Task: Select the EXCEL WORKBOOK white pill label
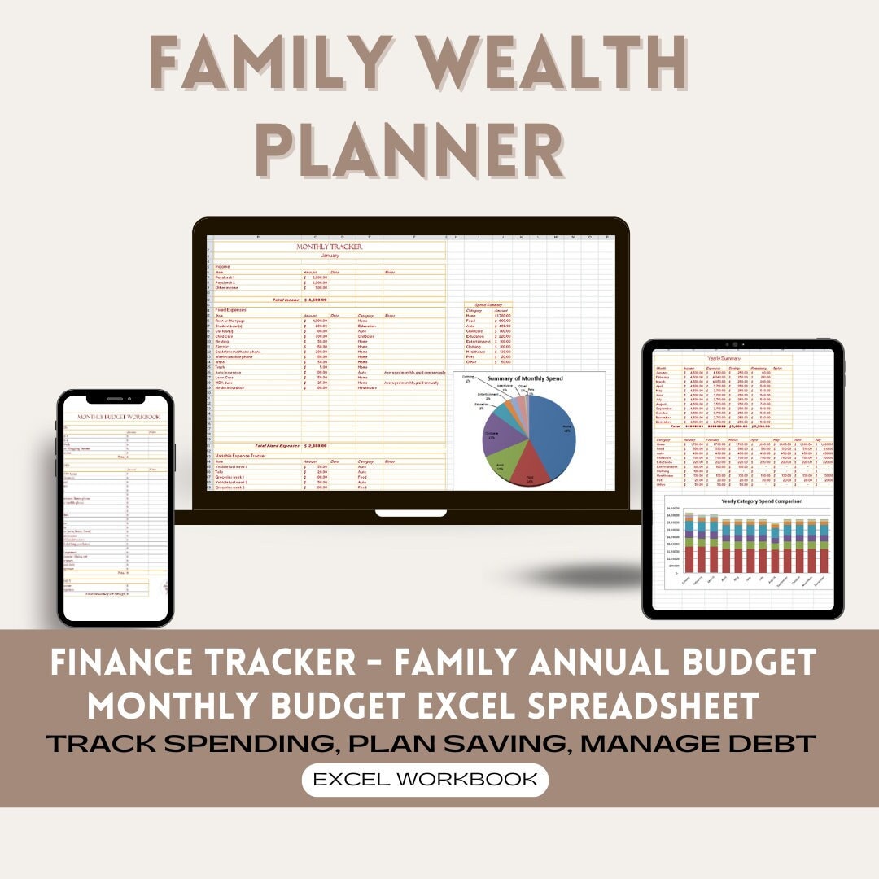[x=425, y=779]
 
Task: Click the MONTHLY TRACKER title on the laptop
[x=330, y=247]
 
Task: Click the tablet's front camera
[x=742, y=344]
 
